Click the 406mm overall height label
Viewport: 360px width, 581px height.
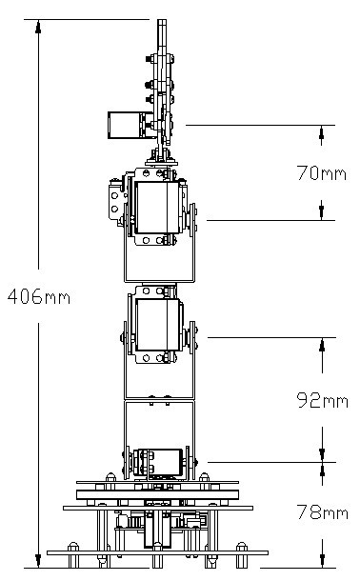point(39,296)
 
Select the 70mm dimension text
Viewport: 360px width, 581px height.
point(322,173)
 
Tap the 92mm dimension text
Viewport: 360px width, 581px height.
point(322,400)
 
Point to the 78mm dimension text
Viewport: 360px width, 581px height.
point(322,512)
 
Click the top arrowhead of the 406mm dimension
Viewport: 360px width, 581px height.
point(38,27)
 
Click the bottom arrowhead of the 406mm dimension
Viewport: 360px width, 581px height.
point(38,561)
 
